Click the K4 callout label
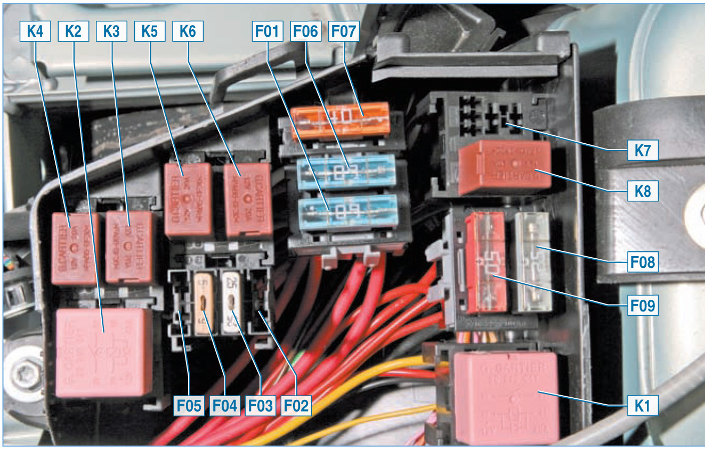[35, 31]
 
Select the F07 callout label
[344, 31]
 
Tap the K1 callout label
[643, 406]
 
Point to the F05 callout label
[190, 406]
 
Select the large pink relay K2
[104, 352]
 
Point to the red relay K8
[504, 167]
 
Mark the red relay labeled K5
[188, 199]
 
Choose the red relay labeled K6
[248, 200]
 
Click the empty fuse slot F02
[261, 306]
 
